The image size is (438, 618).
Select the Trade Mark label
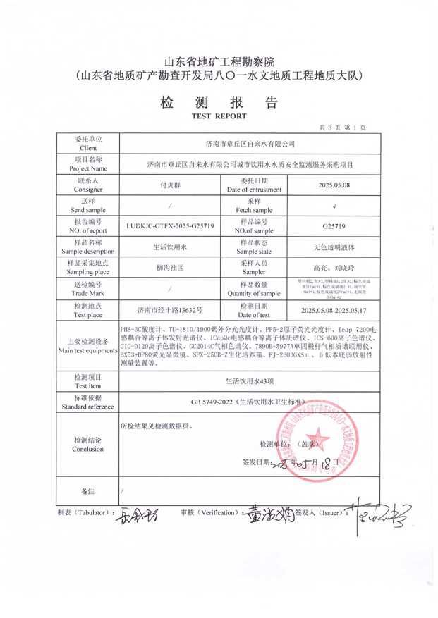[x=88, y=289]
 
